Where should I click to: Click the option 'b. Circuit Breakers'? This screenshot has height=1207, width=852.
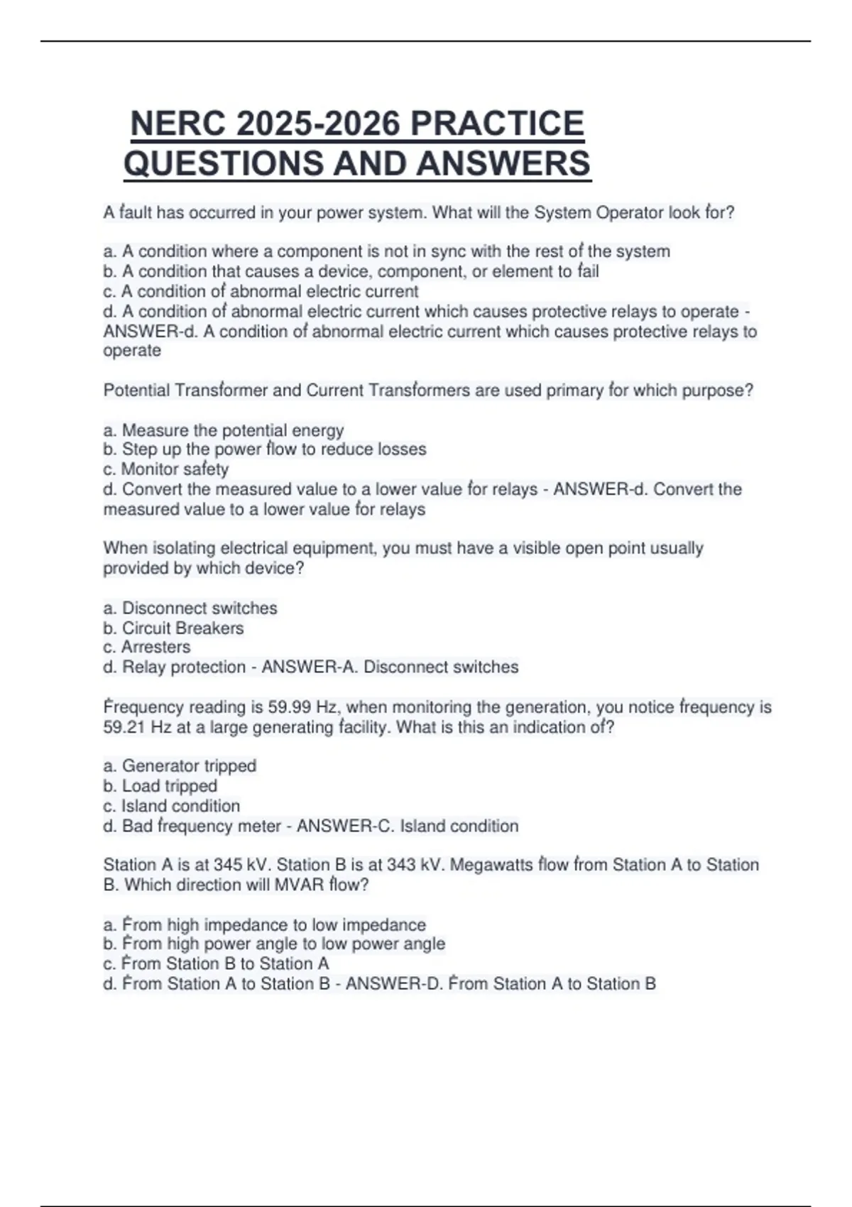click(x=173, y=628)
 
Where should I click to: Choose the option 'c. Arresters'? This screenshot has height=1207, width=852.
click(x=147, y=648)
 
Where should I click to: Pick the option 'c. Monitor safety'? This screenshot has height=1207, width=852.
click(x=166, y=469)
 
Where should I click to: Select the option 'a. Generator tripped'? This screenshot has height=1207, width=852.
click(x=180, y=766)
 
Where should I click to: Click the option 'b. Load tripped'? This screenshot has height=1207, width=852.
click(x=160, y=786)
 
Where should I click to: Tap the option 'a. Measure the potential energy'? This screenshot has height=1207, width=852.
click(x=224, y=430)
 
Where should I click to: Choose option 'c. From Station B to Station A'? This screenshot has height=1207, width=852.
click(x=216, y=963)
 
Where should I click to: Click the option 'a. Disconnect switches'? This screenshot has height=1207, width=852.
click(x=190, y=608)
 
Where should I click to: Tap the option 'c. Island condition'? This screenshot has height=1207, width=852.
click(x=172, y=806)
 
